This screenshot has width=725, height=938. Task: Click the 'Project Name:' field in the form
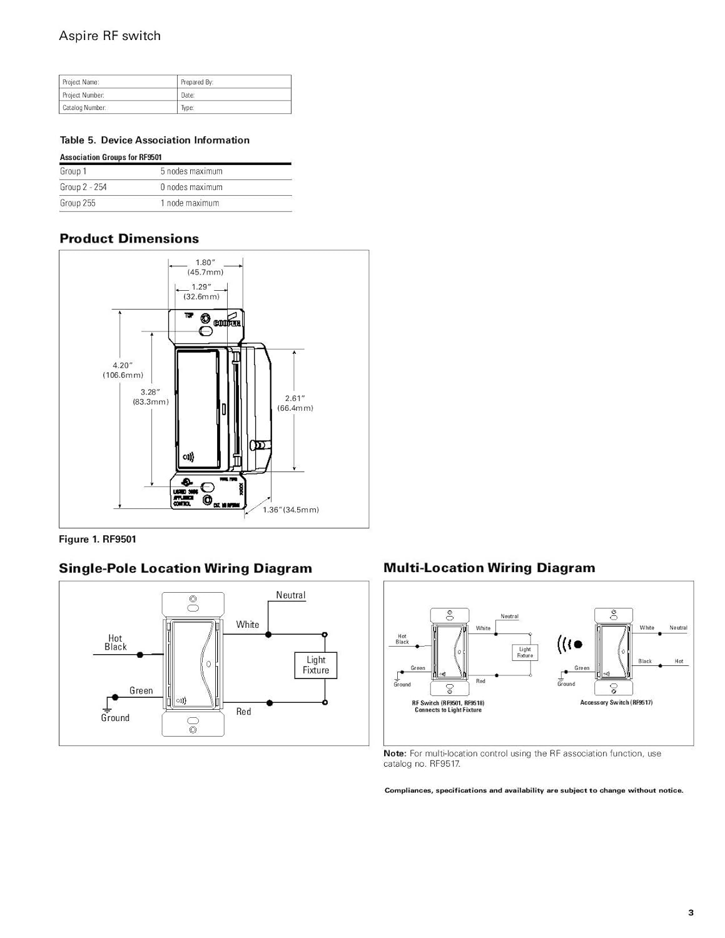[x=119, y=82]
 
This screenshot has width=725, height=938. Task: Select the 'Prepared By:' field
[x=235, y=82]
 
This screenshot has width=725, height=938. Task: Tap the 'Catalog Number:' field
[x=119, y=108]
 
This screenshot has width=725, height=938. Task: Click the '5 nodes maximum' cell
[x=191, y=171]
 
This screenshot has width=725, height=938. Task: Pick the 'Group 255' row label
[x=78, y=203]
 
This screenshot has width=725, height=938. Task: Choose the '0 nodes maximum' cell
[x=191, y=187]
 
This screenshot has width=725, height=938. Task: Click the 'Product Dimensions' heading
[x=129, y=238]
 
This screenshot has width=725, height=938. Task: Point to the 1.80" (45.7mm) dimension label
[x=205, y=268]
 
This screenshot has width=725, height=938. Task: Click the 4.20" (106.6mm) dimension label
[x=123, y=370]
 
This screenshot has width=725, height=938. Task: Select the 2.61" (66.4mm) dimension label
[x=295, y=403]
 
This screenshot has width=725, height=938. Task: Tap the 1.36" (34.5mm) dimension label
[x=291, y=510]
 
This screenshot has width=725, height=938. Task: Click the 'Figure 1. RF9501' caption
[x=97, y=539]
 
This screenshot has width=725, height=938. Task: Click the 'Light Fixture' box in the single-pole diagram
[x=316, y=665]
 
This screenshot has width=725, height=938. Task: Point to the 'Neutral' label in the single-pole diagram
[x=291, y=595]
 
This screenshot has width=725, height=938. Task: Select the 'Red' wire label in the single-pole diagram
[x=243, y=712]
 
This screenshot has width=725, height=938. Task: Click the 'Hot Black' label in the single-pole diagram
[x=115, y=643]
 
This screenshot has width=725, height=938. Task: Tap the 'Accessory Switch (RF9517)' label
[x=616, y=703]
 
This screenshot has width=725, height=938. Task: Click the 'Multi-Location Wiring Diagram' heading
[x=489, y=568]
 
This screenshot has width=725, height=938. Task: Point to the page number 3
[x=691, y=913]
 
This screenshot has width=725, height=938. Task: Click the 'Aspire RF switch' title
[x=109, y=36]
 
